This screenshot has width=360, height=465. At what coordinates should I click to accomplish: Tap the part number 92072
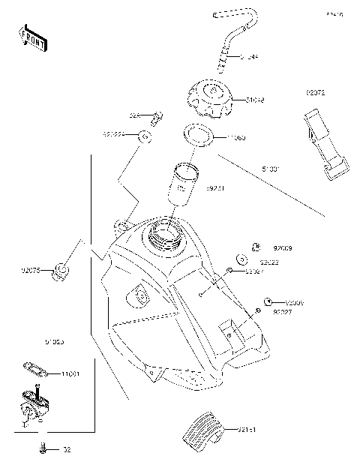(316, 92)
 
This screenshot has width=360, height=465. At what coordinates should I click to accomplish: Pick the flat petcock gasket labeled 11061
(34, 367)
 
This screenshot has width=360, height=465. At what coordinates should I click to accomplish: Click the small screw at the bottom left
(43, 449)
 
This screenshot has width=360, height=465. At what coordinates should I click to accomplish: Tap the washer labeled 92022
(241, 259)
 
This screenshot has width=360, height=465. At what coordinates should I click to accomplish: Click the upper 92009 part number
(282, 247)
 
